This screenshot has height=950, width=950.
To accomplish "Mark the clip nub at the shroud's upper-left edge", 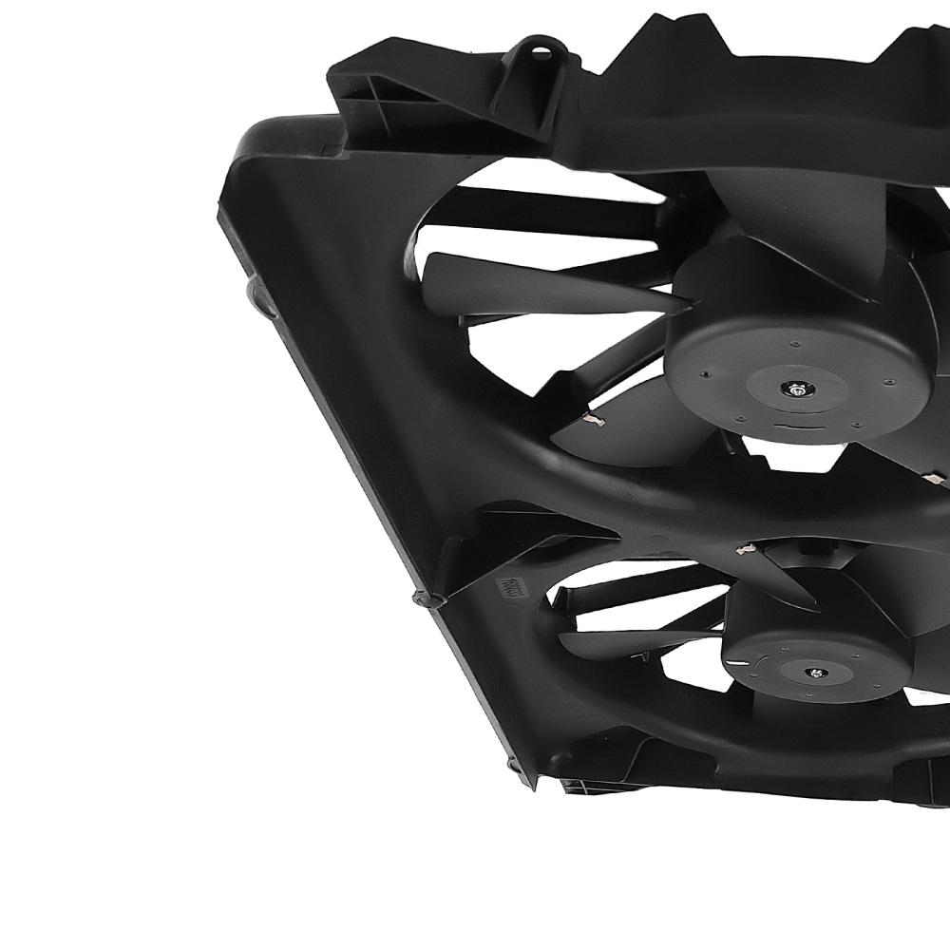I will [254, 290].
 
